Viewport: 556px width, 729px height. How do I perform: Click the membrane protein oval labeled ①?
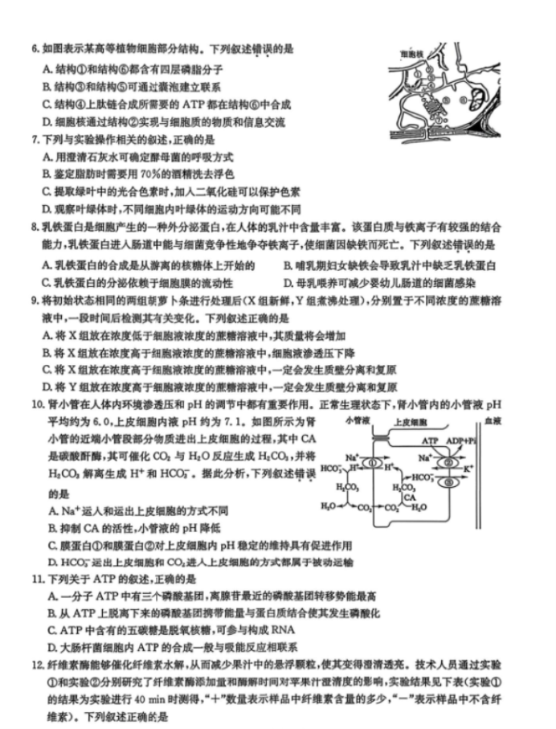(x=374, y=463)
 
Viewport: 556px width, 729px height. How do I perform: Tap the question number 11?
(x=36, y=578)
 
